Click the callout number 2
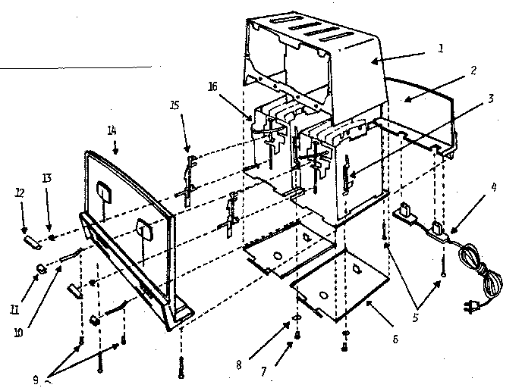click(473, 70)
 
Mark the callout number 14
click(112, 130)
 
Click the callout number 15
click(175, 105)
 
